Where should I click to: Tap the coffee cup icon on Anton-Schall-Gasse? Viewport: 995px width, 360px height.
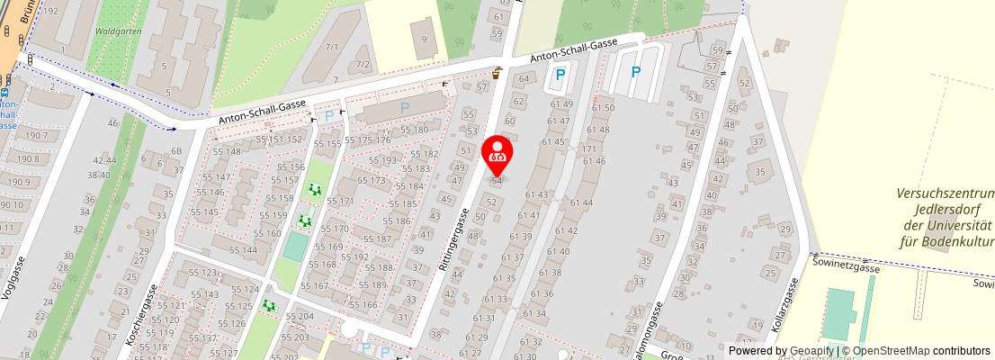pos(496,71)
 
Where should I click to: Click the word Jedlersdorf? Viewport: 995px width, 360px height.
pos(945,210)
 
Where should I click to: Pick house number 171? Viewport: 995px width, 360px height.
pos(589,148)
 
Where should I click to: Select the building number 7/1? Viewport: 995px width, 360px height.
pos(332,47)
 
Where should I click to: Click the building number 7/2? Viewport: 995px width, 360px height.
pos(363,64)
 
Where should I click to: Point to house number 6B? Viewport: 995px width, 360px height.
pos(176,151)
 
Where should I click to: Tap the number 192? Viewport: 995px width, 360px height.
pos(50,11)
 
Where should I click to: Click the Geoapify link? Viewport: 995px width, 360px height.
pos(810,351)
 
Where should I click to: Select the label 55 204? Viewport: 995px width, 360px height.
pos(299,317)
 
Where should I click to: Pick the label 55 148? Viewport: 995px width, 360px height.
pos(227,151)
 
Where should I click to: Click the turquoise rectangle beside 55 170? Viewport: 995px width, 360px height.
pos(294,245)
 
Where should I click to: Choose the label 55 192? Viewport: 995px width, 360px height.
pos(355,256)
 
